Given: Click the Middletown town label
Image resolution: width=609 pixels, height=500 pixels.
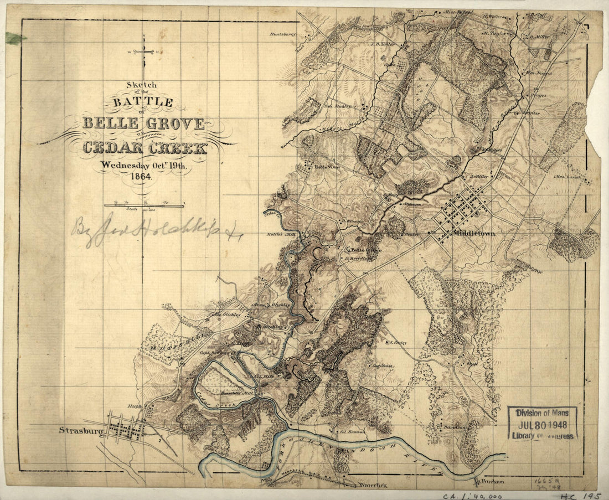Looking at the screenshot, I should [474, 234].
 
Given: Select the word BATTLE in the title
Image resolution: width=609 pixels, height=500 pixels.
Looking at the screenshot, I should [143, 102].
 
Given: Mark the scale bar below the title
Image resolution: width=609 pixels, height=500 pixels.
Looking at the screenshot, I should [144, 205].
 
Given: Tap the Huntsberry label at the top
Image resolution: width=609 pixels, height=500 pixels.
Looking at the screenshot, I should [283, 34].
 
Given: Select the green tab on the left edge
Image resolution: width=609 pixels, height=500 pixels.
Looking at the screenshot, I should [15, 38].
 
